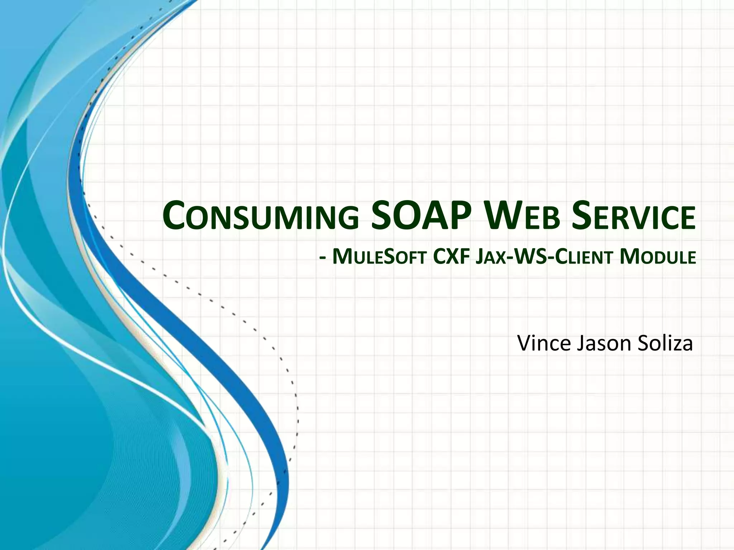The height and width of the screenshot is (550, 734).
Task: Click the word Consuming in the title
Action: pyautogui.click(x=261, y=218)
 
